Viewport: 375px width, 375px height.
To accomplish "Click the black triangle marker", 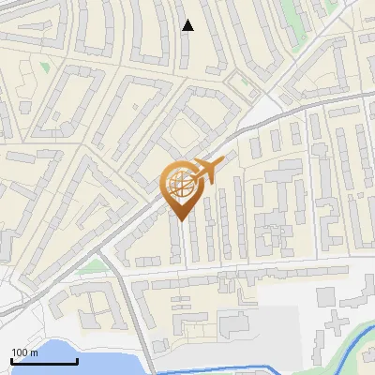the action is (187, 25).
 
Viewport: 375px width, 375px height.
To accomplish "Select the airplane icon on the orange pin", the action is (206, 171).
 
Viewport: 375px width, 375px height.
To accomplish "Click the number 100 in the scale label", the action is (20, 352).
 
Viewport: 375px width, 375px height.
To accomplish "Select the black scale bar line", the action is (44, 361).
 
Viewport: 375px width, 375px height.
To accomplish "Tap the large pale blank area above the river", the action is (281, 319).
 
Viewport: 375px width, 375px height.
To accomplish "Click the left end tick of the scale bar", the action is (12, 361).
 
